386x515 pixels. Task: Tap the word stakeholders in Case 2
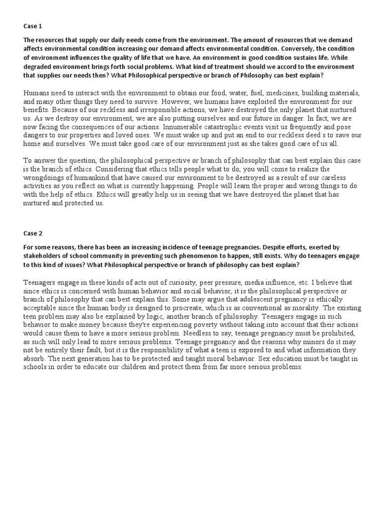(44, 256)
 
